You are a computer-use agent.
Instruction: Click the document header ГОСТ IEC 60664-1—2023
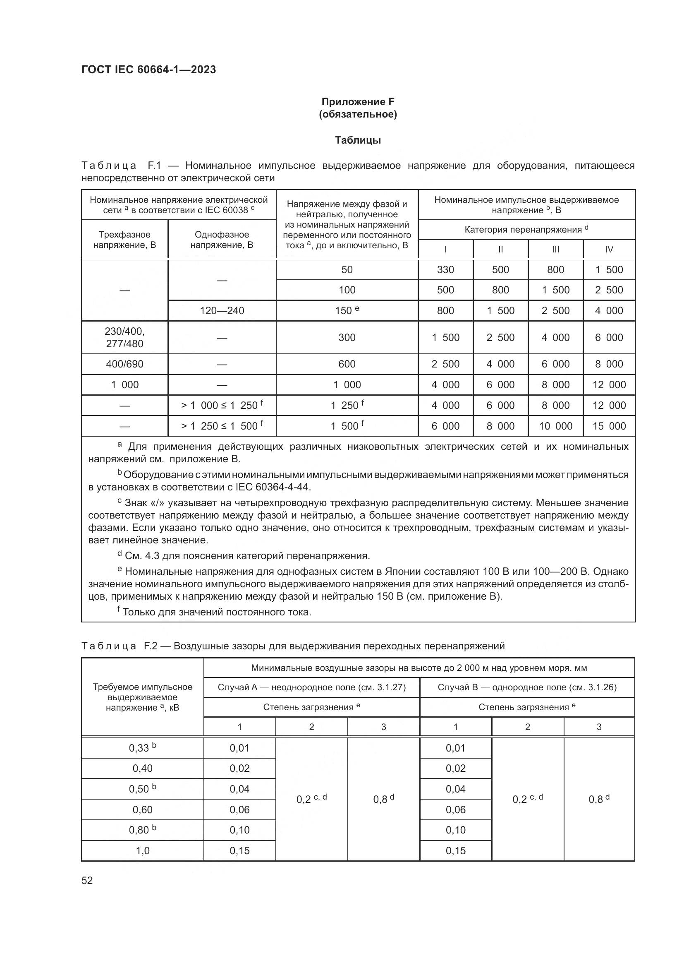(x=149, y=70)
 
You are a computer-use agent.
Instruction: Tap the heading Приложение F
(x=358, y=102)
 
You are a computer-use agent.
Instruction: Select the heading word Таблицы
(x=358, y=140)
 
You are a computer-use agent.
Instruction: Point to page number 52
(x=87, y=880)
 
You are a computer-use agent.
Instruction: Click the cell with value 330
(x=445, y=270)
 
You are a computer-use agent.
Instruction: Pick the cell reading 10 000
(x=555, y=426)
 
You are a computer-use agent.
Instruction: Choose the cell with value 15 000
(x=609, y=426)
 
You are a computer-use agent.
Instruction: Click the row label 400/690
(x=124, y=364)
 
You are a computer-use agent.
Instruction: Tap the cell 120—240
(x=222, y=311)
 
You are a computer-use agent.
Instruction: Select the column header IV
(x=609, y=250)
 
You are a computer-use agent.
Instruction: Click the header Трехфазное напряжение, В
(x=124, y=240)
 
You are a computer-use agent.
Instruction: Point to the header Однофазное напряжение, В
(x=222, y=240)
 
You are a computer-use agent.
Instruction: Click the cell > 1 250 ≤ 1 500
(x=222, y=426)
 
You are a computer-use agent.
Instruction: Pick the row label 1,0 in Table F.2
(x=142, y=850)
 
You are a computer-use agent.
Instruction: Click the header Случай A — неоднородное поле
(x=312, y=688)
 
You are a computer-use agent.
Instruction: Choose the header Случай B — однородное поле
(x=527, y=688)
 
